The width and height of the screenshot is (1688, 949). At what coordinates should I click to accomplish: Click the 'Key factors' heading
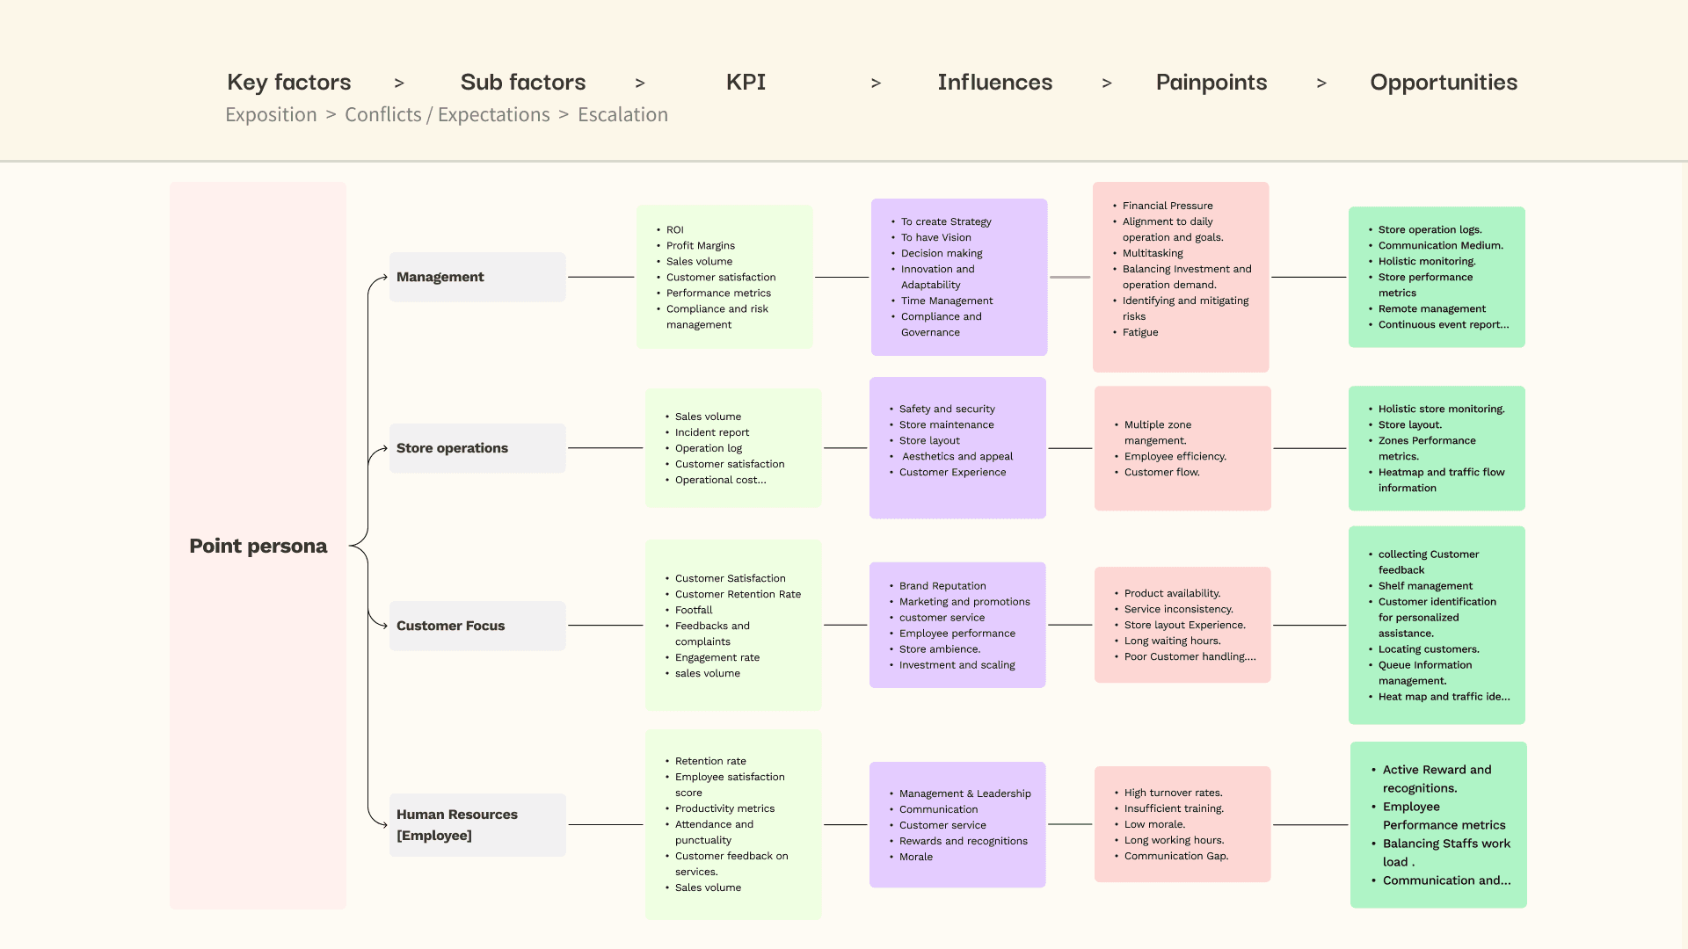coord(288,82)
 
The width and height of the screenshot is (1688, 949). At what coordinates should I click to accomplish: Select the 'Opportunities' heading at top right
coord(1444,83)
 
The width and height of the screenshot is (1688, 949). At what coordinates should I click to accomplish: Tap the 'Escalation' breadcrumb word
coord(622,114)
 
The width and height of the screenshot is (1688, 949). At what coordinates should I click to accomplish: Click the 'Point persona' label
coord(258,546)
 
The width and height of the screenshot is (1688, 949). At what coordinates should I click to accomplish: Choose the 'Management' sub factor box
coord(477,277)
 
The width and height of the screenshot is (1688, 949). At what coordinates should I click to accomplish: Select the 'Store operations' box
coord(477,448)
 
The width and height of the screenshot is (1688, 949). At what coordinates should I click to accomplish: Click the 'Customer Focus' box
coord(477,626)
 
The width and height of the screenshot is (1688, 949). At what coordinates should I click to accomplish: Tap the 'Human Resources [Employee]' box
coord(477,824)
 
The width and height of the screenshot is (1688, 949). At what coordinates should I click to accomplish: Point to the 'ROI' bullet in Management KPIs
coord(674,229)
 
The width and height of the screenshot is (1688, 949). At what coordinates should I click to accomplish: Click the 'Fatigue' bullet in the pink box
coord(1139,332)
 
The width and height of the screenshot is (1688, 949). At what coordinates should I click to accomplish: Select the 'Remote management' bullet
coord(1431,308)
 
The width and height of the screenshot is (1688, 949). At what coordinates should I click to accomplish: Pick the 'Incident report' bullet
coord(711,432)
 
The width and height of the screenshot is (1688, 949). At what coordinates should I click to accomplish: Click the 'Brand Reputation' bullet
coord(942,586)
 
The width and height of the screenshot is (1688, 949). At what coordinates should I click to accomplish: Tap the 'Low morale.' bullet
coord(1154,824)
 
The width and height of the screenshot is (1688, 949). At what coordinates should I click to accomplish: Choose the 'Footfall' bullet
coord(693,610)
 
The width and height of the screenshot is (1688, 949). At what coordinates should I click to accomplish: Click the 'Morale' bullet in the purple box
coord(915,857)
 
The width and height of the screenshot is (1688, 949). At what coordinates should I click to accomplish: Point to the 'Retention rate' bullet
coord(709,761)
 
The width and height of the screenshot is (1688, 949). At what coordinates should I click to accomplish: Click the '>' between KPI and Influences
coord(876,83)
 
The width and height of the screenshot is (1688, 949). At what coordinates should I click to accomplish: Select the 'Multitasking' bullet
coord(1152,253)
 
